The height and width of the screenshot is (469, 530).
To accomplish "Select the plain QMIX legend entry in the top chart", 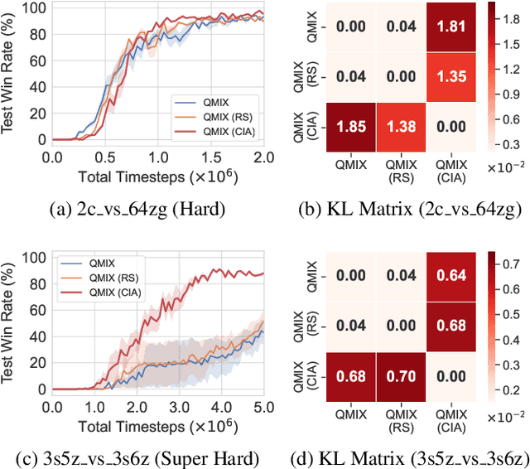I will coord(210,101).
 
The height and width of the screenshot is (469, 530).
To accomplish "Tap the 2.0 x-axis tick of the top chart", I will coord(264,157).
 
